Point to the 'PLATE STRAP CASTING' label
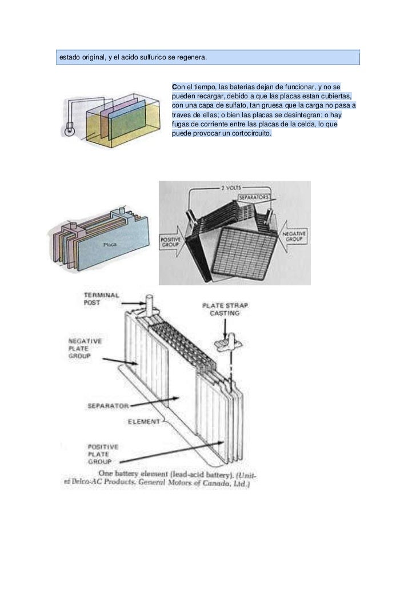coord(225,310)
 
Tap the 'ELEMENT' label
coord(143,422)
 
